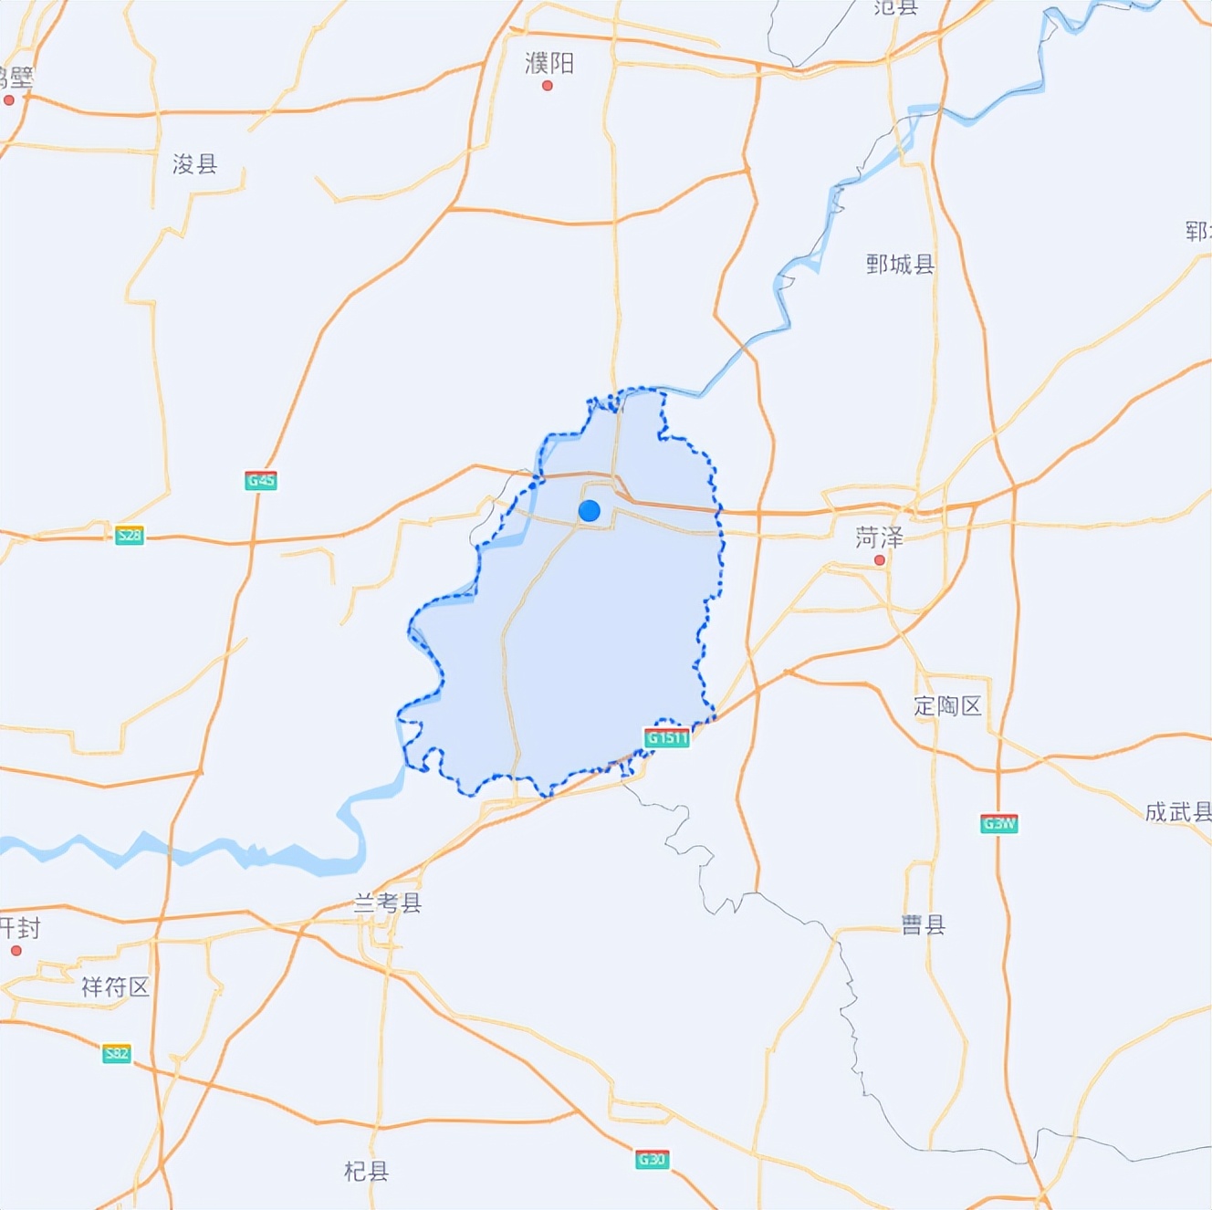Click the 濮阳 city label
pyautogui.click(x=549, y=63)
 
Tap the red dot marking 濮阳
pyautogui.click(x=548, y=86)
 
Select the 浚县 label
pyautogui.click(x=195, y=164)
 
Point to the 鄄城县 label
pyautogui.click(x=900, y=265)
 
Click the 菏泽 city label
pyautogui.click(x=879, y=537)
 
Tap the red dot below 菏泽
pyautogui.click(x=880, y=560)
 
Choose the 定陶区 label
pyautogui.click(x=947, y=705)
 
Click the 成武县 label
pyautogui.click(x=1177, y=811)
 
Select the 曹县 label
pyautogui.click(x=924, y=925)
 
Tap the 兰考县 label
pyautogui.click(x=388, y=903)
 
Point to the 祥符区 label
pyautogui.click(x=115, y=986)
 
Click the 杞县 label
pyautogui.click(x=366, y=1171)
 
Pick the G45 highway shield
pyautogui.click(x=261, y=480)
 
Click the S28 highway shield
pyautogui.click(x=130, y=535)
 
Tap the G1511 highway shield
pyautogui.click(x=667, y=737)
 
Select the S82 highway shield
pyautogui.click(x=117, y=1054)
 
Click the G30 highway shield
pyautogui.click(x=653, y=1160)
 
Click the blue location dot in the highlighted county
pyautogui.click(x=590, y=511)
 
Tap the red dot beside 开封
pyautogui.click(x=16, y=951)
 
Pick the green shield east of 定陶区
pyautogui.click(x=999, y=824)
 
